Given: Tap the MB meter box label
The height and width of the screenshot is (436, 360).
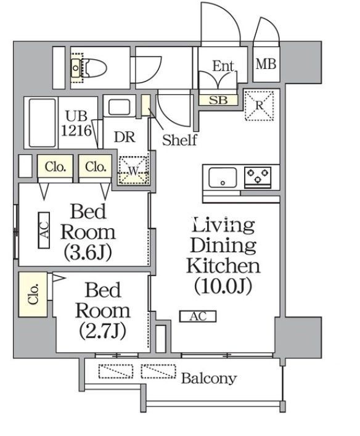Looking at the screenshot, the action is (x=266, y=64).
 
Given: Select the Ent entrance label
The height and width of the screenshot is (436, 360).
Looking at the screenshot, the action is (x=223, y=66).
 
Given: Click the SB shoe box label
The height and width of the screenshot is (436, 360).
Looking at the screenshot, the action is (x=218, y=100).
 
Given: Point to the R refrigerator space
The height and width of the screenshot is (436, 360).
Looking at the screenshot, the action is (x=259, y=105).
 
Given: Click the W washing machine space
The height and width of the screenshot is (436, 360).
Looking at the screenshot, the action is (x=133, y=171).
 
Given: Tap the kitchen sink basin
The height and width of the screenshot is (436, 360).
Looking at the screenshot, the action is (x=223, y=178).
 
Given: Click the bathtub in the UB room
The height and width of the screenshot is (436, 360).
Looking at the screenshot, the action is (x=42, y=123).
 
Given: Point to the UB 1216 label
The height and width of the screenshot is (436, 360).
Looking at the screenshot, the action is (x=76, y=123).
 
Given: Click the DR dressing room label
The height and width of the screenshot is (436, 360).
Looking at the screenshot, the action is (x=125, y=137).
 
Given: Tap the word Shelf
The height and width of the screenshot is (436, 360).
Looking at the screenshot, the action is (x=179, y=140).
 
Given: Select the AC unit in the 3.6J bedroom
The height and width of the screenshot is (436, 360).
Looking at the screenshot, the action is (x=44, y=230).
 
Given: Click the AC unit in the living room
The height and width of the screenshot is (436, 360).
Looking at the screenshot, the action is (x=198, y=316).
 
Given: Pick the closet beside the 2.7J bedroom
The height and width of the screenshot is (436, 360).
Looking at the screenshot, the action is (x=33, y=294).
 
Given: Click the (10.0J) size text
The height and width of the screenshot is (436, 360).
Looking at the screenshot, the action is (x=223, y=286).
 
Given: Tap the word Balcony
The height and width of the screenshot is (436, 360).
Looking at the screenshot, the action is (x=209, y=379).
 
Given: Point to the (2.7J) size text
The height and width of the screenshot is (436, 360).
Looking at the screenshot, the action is (x=102, y=331).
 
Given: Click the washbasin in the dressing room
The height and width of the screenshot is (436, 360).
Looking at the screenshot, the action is (x=119, y=107).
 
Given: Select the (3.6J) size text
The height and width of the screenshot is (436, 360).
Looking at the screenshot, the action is (x=88, y=252).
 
